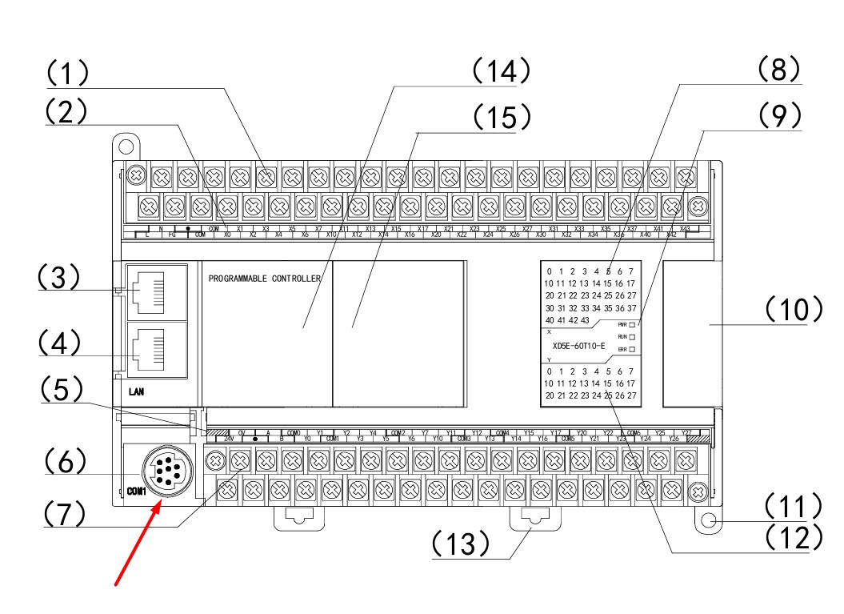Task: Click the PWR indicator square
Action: (x=632, y=324)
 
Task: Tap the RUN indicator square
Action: (x=632, y=337)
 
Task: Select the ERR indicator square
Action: (x=632, y=350)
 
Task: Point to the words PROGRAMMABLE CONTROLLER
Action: (x=265, y=279)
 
